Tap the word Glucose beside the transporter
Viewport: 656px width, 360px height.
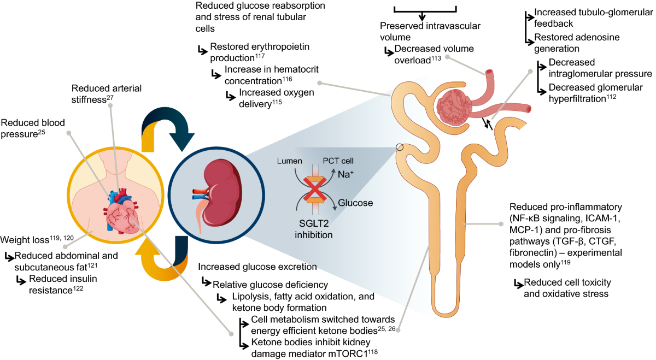pos(356,203)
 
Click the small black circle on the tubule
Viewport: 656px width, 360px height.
pos(400,147)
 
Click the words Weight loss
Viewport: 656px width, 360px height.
pos(22,240)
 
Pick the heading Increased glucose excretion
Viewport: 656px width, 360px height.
pos(257,267)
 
